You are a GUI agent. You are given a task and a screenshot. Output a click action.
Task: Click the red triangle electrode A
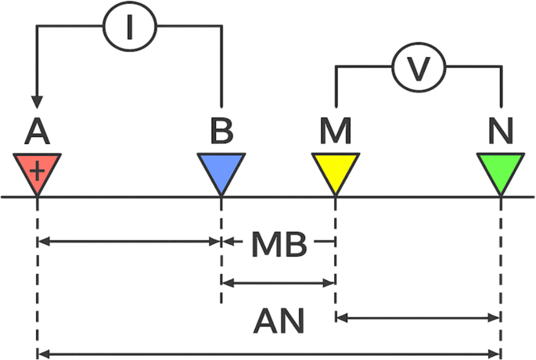pos(38,173)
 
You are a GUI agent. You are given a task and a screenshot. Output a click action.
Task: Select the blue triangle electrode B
pos(221,173)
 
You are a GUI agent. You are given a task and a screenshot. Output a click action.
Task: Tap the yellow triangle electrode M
pos(335,173)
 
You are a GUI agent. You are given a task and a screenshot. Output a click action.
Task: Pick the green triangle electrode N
pos(500,173)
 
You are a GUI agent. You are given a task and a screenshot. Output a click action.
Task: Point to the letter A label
pos(37,131)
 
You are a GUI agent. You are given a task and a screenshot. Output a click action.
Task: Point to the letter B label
pos(221,131)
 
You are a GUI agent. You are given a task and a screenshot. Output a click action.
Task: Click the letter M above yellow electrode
pos(336,131)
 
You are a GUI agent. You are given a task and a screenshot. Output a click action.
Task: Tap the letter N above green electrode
pos(501,131)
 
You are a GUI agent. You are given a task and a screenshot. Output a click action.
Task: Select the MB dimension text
pos(279,244)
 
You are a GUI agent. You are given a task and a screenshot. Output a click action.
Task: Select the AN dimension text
pos(279,320)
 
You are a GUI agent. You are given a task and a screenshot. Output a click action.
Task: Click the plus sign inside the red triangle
pos(38,168)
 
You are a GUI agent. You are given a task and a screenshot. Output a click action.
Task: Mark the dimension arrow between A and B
pos(129,242)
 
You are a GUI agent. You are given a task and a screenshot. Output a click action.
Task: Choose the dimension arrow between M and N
pos(418,318)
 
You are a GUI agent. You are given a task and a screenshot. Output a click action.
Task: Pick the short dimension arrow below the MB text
pos(279,281)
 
